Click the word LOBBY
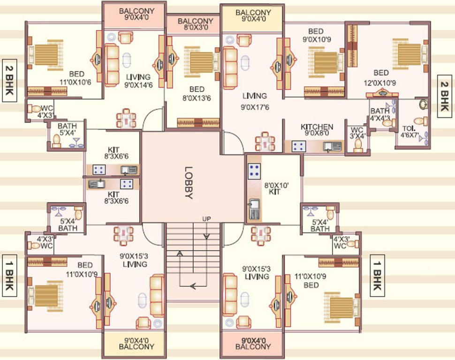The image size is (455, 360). tap(189, 183)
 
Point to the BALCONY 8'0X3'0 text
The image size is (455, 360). tap(196, 24)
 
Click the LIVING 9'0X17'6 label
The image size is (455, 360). tap(255, 101)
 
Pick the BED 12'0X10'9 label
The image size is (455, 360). tap(381, 77)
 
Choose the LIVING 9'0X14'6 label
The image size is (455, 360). tap(137, 81)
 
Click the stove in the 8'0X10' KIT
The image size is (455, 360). tap(254, 171)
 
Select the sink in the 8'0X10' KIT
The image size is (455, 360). tap(254, 209)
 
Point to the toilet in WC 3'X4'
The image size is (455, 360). tap(358, 144)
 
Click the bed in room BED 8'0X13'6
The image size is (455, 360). tap(201, 60)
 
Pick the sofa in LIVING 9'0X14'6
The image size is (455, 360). tap(113, 64)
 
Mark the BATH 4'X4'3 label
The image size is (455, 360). tap(379, 115)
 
